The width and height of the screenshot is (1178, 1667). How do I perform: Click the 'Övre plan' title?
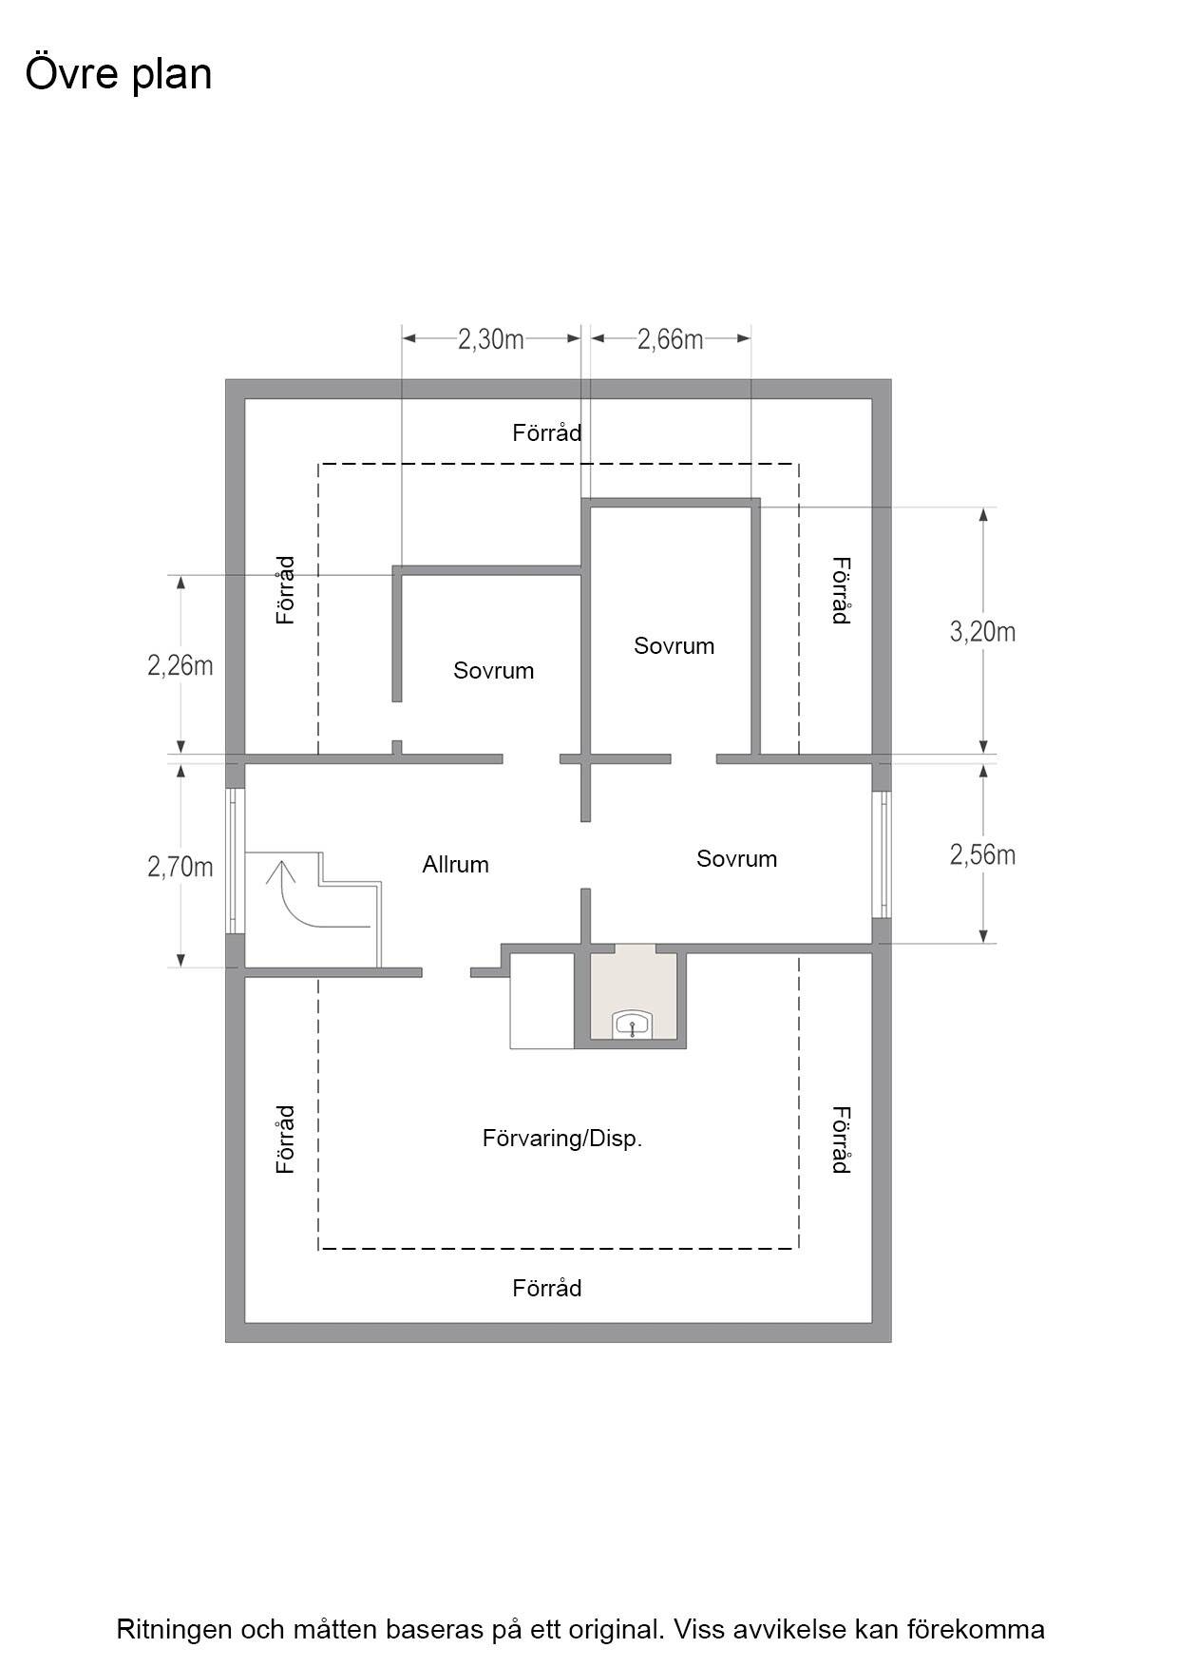click(118, 74)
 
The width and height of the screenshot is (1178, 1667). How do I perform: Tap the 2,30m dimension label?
click(491, 339)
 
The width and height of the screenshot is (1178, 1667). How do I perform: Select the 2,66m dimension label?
click(671, 339)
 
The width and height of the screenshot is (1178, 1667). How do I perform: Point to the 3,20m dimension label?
click(983, 631)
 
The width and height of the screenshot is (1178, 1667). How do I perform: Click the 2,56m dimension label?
click(983, 854)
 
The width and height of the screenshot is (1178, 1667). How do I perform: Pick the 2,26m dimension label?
click(180, 665)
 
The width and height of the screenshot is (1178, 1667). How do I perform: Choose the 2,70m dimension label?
click(180, 866)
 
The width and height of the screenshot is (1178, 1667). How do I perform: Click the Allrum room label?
click(456, 865)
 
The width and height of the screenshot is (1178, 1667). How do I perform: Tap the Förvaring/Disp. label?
click(562, 1139)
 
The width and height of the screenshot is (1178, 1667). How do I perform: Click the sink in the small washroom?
click(633, 1025)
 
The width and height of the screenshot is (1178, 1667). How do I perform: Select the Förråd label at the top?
click(547, 433)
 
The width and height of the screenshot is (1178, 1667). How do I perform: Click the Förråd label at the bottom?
click(547, 1289)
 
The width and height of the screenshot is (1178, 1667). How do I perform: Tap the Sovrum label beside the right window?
click(737, 859)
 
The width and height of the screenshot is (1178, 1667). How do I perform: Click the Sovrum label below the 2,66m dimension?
click(674, 646)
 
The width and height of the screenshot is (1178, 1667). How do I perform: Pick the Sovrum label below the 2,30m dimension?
click(494, 671)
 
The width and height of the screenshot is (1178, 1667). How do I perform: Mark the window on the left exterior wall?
click(235, 861)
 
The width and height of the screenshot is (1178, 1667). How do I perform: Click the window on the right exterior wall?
click(882, 854)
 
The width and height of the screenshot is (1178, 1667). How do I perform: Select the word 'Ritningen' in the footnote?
click(174, 1630)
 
